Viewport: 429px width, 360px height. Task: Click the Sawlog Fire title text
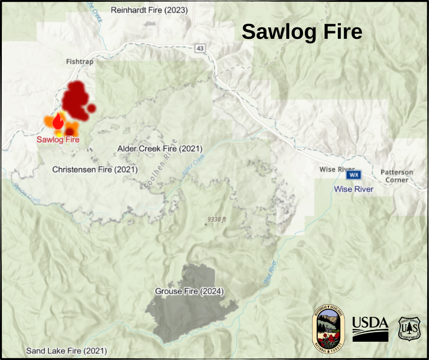click(302, 32)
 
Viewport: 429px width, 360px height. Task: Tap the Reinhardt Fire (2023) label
click(149, 10)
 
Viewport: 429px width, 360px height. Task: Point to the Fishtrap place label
click(79, 61)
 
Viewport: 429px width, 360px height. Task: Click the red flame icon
click(58, 121)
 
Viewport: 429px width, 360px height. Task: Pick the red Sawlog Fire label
click(58, 139)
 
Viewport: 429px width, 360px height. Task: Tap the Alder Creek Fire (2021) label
click(160, 148)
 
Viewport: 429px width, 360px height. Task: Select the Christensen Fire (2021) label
click(95, 169)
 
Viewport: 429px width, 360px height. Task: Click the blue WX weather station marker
click(354, 175)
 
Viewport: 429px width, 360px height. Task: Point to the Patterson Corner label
click(397, 176)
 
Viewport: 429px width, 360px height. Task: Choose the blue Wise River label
click(354, 189)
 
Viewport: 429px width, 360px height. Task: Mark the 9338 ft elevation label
click(217, 219)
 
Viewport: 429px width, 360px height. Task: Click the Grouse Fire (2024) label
click(189, 291)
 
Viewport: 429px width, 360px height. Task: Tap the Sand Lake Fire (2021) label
click(67, 351)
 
